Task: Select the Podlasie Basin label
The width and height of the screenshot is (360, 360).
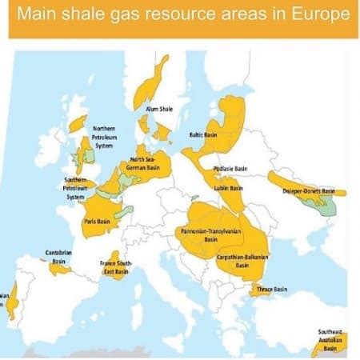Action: (230, 169)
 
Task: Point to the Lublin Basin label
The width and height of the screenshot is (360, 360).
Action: (230, 189)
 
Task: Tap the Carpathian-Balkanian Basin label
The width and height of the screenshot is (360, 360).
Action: (242, 261)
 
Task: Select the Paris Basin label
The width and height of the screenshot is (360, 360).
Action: (97, 222)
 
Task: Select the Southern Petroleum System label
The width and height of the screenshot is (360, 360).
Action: (75, 188)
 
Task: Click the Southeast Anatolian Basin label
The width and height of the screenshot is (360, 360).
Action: (330, 340)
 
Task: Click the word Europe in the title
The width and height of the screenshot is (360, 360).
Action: (318, 15)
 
